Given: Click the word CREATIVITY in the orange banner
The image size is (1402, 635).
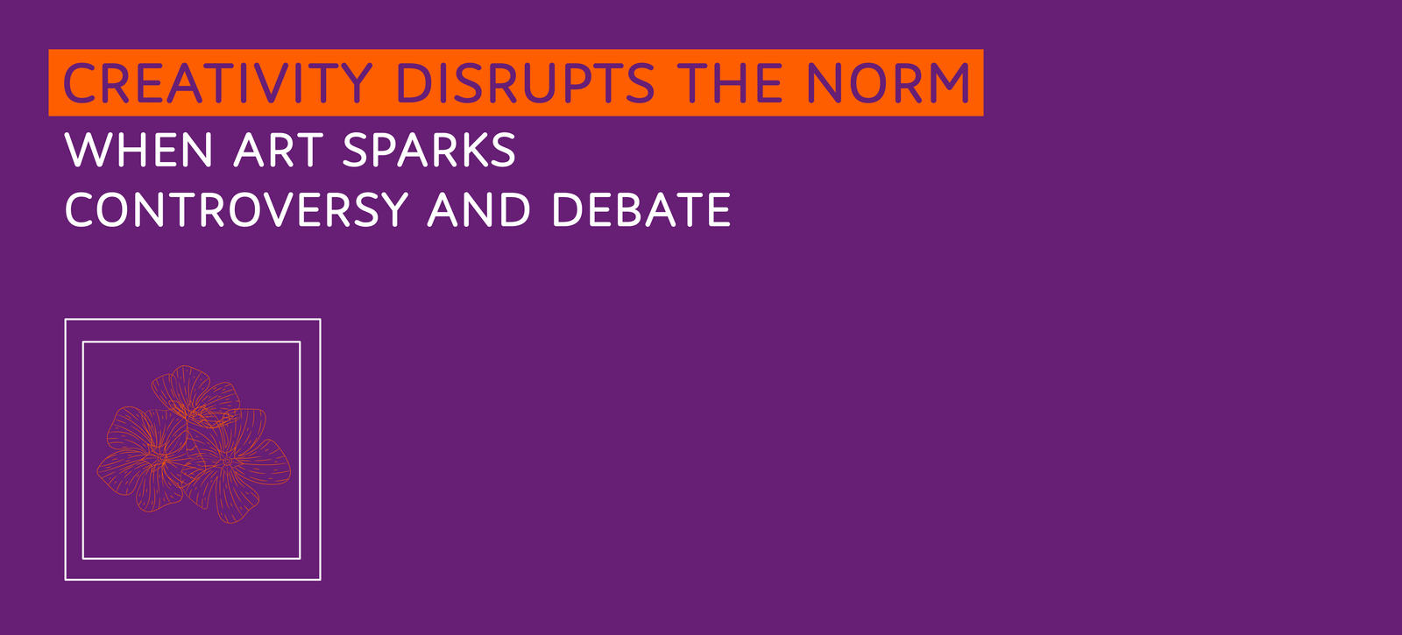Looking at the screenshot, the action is click(218, 82).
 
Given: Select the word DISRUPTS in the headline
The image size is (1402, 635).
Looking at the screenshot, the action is click(526, 82).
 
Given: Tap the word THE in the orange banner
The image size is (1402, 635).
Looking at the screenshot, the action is click(730, 82).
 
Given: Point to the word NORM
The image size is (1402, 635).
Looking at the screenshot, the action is click(889, 82).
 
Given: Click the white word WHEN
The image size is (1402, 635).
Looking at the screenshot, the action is click(139, 150).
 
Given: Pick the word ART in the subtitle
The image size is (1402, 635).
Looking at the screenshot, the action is click(279, 150).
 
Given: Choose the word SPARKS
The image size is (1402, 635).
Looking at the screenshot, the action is click(429, 150).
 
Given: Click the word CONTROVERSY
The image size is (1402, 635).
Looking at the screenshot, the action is click(237, 209).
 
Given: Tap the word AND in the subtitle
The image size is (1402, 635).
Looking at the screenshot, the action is click(478, 209).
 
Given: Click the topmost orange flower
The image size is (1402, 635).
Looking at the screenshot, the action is click(196, 397).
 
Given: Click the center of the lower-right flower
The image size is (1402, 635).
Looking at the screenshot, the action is click(227, 462).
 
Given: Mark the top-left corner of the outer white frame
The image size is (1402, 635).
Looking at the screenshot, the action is click(66, 320).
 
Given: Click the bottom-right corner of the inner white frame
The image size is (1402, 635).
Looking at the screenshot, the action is click(300, 558).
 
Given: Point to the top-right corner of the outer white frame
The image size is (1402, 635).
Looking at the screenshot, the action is click(320, 320).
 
